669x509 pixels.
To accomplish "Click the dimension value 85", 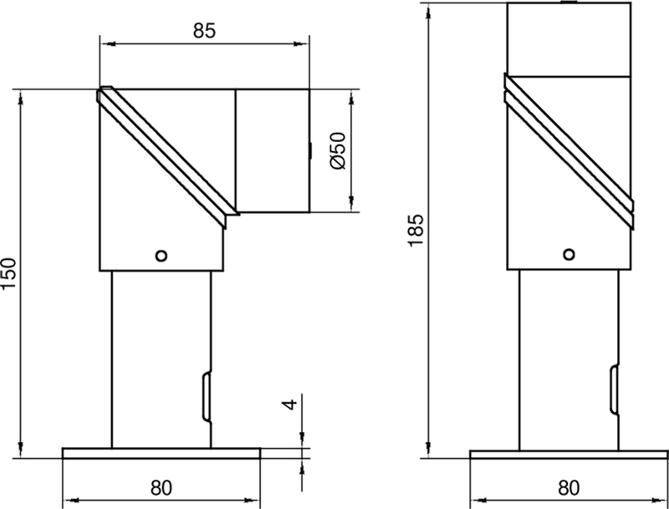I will coord(204,30).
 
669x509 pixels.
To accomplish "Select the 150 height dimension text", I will coord(9,273).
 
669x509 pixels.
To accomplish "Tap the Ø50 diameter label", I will coord(339,151).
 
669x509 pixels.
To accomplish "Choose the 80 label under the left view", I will coord(161,486).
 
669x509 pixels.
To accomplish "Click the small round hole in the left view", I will coord(162,254).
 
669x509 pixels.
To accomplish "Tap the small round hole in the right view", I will coord(569,254).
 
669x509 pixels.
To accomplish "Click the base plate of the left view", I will coord(161,453).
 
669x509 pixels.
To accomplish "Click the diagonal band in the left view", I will coord(167,155).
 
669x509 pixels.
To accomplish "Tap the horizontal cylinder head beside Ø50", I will coord(273,150).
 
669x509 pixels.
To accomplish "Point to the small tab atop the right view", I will coord(569,3).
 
